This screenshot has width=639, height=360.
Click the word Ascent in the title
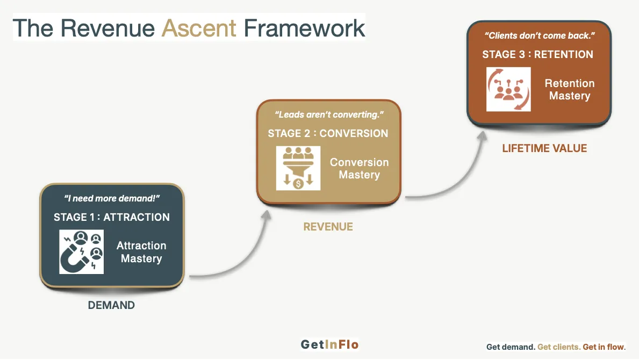tap(199, 28)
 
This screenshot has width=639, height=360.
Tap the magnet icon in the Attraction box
tap(81, 251)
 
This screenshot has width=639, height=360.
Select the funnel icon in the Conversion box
tap(298, 168)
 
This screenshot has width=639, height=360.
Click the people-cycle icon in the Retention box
tap(508, 89)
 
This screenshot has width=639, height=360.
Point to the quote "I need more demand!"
tap(112, 199)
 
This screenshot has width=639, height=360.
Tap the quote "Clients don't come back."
tap(540, 36)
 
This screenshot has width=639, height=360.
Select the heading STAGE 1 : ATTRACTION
tap(112, 218)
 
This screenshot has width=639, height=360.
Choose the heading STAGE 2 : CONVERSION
tap(328, 134)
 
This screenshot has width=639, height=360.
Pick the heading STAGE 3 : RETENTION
tap(537, 54)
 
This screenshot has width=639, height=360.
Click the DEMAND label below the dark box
tap(111, 306)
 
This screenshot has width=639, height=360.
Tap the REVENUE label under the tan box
tap(328, 227)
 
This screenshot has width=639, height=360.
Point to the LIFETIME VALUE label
tap(544, 148)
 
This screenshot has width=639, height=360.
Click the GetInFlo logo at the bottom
tap(329, 345)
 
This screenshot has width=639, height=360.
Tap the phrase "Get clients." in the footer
tap(559, 347)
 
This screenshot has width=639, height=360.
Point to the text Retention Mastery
tap(570, 90)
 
